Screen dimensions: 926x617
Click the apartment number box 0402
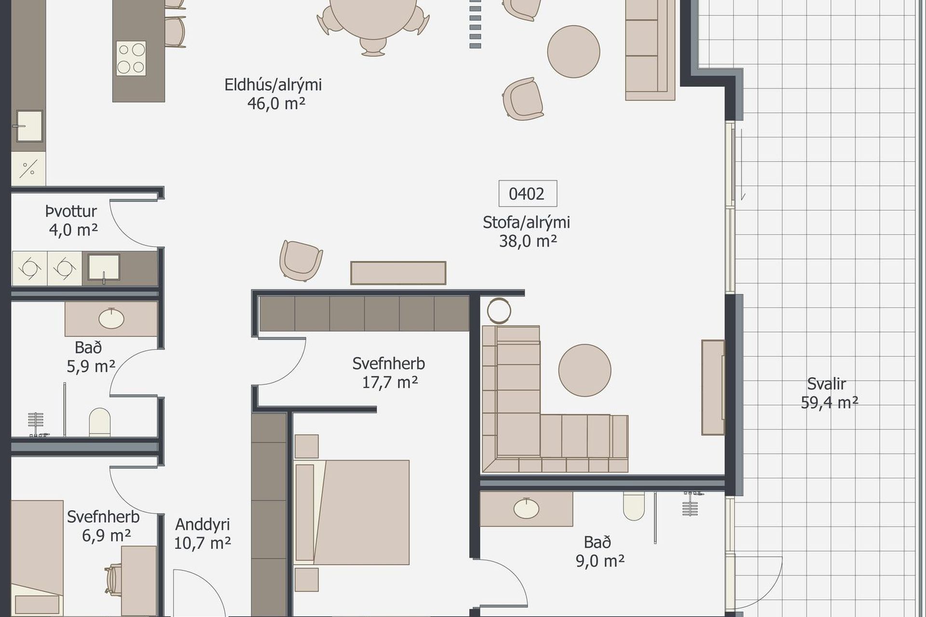[x=528, y=193]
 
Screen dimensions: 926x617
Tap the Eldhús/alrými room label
[x=273, y=85]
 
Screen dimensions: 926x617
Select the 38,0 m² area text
[x=528, y=241]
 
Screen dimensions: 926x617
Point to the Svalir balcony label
[x=827, y=384]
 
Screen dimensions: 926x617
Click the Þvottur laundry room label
[x=71, y=211]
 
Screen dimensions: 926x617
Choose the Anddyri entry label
[x=203, y=524]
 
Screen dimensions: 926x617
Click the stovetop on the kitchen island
[x=131, y=58]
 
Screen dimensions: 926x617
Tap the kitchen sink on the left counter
[x=29, y=126]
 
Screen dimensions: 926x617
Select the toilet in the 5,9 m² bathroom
[x=100, y=423]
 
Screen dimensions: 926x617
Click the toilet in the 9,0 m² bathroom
[x=634, y=506]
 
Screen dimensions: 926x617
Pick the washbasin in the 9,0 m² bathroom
[x=526, y=509]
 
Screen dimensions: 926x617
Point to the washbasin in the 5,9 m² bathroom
[x=111, y=318]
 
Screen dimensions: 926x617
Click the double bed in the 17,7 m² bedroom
[x=352, y=512]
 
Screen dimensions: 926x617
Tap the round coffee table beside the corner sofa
[x=585, y=370]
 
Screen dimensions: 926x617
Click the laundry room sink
[x=104, y=268]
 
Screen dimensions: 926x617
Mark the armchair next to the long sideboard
[x=301, y=260]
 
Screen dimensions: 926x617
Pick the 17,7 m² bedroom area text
[x=390, y=383]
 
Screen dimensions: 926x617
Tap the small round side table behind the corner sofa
[x=499, y=311]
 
